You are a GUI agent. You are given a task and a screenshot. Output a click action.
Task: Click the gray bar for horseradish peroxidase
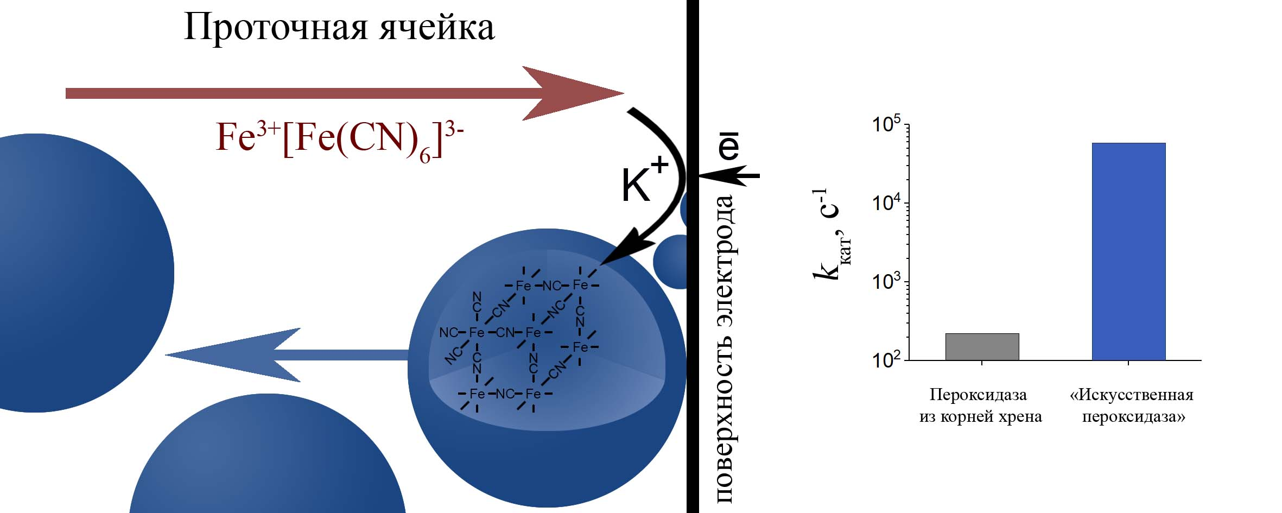[982, 346]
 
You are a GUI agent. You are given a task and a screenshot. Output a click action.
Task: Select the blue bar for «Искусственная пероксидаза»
[1128, 251]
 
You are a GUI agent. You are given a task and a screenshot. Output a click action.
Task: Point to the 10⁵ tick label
[886, 124]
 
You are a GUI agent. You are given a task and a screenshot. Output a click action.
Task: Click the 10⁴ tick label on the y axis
[886, 203]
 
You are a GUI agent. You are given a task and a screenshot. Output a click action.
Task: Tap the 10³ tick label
[886, 282]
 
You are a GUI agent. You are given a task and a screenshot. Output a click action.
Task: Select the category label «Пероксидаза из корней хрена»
[980, 406]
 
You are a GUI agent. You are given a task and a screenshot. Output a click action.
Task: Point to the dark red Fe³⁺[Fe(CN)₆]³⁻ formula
[340, 140]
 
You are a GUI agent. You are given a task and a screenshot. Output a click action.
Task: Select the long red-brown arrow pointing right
[345, 93]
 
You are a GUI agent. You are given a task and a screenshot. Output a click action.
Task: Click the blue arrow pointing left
[287, 355]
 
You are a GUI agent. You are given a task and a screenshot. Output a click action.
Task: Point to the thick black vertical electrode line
[693, 256]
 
